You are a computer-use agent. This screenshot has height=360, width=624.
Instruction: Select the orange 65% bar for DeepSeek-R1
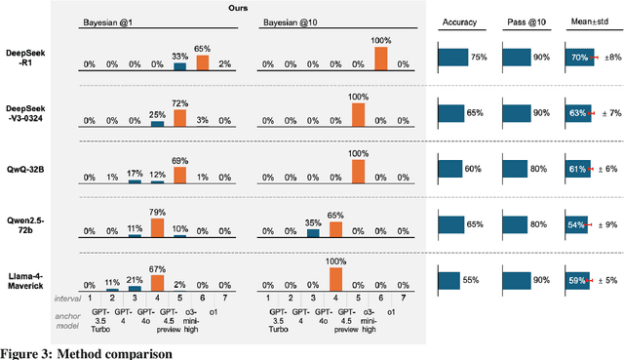point(202,62)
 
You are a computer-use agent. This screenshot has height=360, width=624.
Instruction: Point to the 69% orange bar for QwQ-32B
point(179,172)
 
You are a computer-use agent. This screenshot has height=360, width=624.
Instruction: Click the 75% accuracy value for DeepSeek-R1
point(479,58)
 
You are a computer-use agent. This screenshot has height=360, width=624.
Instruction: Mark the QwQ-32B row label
point(22,168)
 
